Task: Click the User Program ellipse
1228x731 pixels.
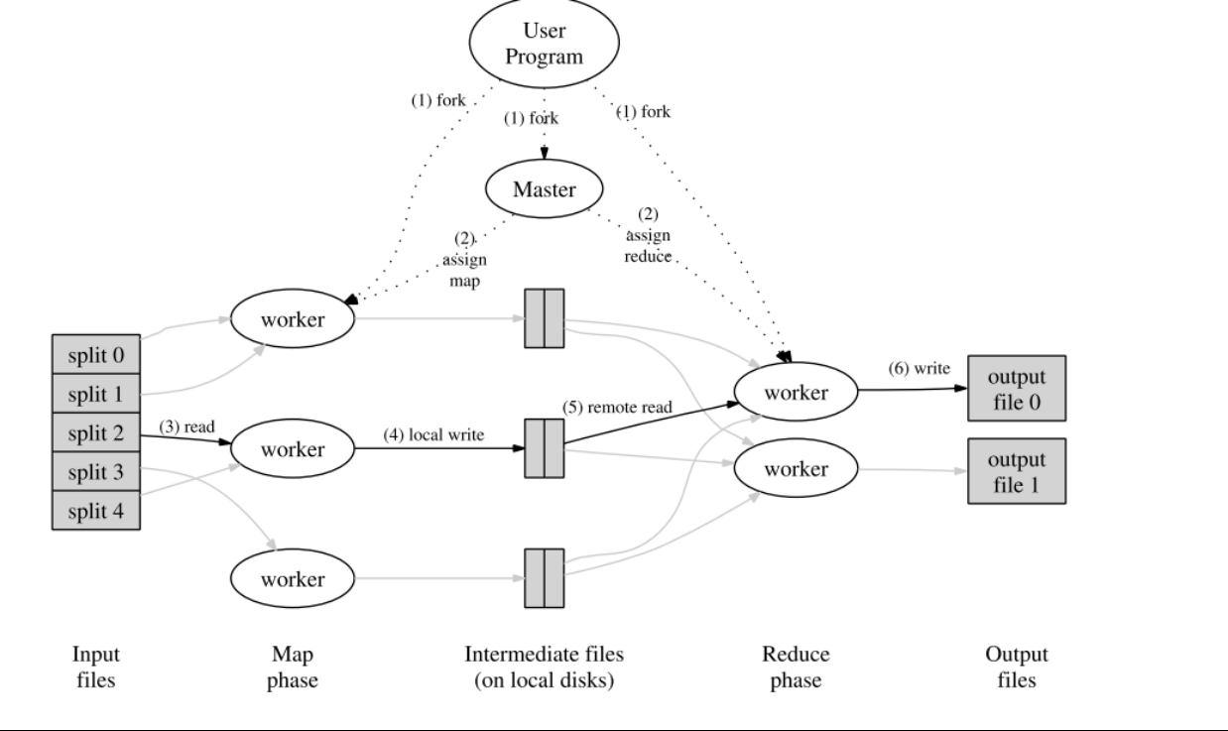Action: [545, 43]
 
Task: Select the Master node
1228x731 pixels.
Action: [545, 189]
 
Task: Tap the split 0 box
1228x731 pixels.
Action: [96, 354]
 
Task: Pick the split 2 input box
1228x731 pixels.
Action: [96, 432]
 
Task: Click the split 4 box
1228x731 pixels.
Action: [96, 511]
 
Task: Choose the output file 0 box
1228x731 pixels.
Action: [1017, 389]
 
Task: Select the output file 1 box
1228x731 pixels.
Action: [1017, 471]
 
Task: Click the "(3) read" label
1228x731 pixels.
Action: [186, 426]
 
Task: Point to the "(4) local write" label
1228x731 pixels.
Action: [433, 434]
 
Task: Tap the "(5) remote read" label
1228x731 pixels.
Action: [617, 407]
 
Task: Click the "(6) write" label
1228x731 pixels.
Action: [920, 368]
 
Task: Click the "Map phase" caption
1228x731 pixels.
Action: [293, 667]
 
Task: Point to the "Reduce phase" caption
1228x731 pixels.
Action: [796, 667]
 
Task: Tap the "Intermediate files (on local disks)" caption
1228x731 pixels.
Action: [545, 667]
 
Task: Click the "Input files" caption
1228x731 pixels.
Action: [96, 667]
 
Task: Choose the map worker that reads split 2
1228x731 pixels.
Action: [293, 448]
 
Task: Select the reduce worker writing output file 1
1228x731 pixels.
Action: [796, 468]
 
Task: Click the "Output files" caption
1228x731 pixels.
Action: [1017, 667]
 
